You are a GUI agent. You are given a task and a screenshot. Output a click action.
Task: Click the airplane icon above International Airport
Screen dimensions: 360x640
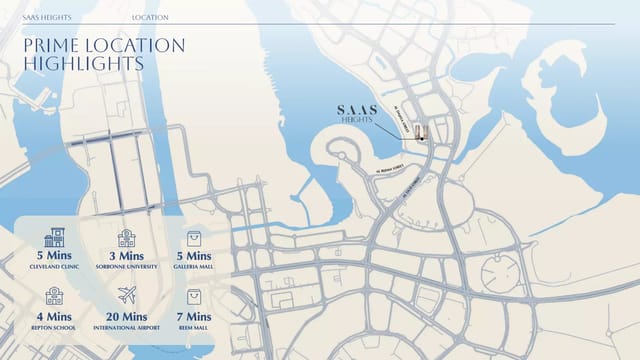click(x=126, y=295)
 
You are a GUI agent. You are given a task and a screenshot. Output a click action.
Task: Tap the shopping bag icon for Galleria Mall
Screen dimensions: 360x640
click(x=195, y=238)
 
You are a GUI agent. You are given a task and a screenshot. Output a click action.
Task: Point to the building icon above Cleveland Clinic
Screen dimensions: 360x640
click(x=55, y=238)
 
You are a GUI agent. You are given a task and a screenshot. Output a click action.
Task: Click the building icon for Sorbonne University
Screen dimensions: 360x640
click(x=126, y=238)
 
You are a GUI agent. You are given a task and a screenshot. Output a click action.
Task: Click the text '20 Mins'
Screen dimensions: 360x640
click(x=126, y=315)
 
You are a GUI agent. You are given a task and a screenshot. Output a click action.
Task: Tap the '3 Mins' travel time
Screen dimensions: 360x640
click(x=126, y=257)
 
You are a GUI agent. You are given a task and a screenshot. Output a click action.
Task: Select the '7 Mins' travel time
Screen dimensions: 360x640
click(x=195, y=315)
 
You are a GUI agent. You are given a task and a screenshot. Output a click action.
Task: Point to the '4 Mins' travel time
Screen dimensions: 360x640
click(x=55, y=315)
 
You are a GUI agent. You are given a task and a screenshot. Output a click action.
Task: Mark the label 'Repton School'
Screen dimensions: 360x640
click(x=55, y=327)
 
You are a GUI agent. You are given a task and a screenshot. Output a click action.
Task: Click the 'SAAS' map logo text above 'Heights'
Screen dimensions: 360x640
click(x=356, y=110)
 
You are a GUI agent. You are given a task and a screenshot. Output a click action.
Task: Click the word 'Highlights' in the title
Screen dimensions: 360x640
click(x=82, y=64)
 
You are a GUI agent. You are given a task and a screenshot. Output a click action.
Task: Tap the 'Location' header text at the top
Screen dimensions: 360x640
click(x=150, y=18)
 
